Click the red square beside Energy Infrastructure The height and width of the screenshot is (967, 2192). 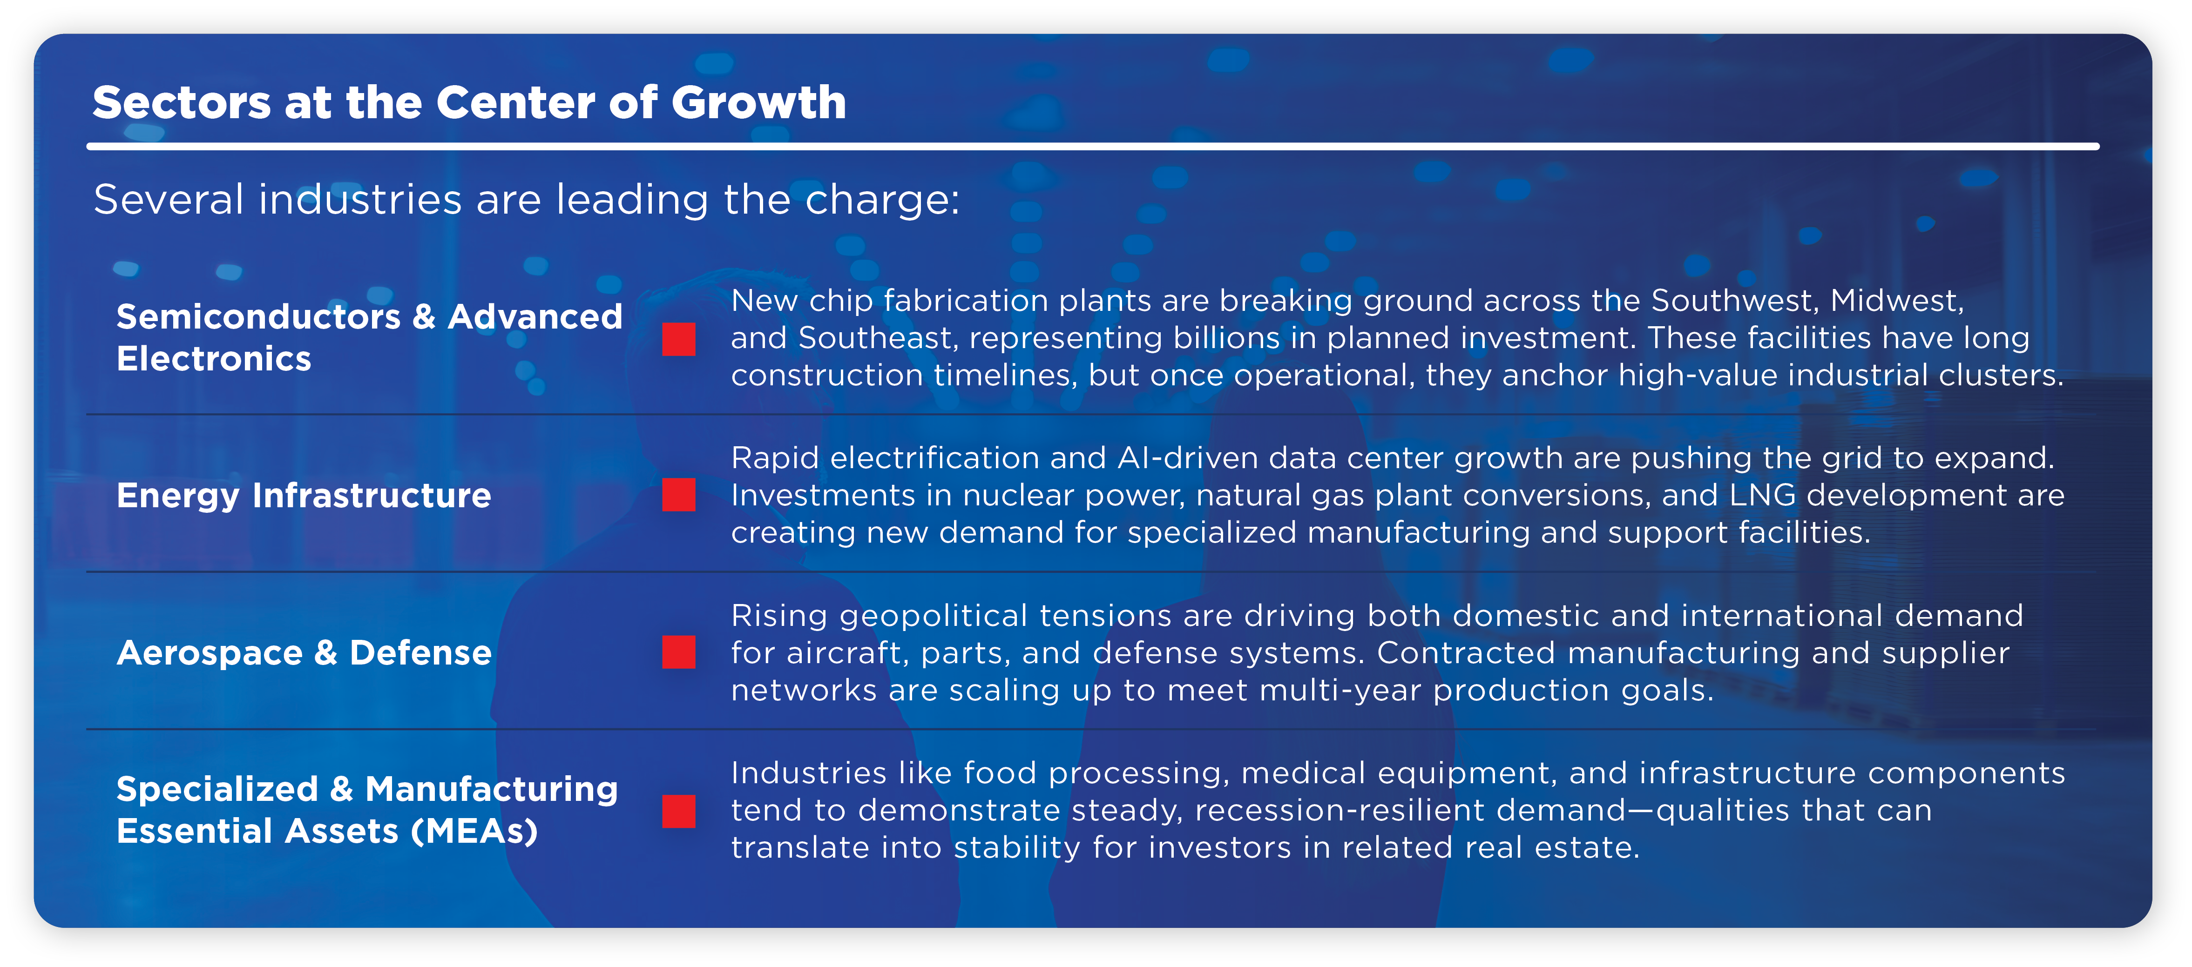[678, 495]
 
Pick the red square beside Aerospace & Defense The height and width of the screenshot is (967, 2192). [678, 652]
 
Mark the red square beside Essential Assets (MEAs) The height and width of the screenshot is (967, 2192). [678, 811]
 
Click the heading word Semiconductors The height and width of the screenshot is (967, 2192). [258, 316]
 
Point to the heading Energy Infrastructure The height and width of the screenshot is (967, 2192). [304, 495]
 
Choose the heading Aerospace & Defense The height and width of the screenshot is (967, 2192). [304, 652]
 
